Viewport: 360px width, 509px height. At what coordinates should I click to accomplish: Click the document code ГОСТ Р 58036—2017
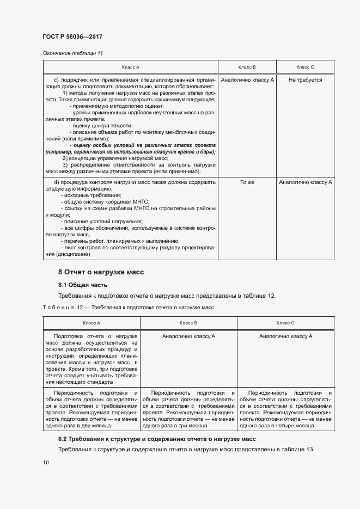click(x=72, y=36)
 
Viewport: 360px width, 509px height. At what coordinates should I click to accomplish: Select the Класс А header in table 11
click(x=130, y=67)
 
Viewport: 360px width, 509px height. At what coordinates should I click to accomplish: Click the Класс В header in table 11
click(x=247, y=67)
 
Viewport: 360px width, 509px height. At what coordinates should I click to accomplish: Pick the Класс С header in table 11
click(x=305, y=67)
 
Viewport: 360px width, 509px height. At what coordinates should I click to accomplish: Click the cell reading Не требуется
click(x=305, y=79)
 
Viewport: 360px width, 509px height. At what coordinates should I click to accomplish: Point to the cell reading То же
click(x=247, y=182)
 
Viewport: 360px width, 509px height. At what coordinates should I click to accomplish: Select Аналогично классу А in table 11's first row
click(x=247, y=79)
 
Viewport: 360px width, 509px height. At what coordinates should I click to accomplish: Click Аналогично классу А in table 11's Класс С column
click(x=305, y=182)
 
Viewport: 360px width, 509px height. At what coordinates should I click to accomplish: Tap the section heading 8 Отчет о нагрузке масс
click(x=101, y=272)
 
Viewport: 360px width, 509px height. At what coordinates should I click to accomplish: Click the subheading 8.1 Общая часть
click(x=83, y=285)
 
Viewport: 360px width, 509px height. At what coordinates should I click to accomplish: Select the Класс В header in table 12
click(x=188, y=323)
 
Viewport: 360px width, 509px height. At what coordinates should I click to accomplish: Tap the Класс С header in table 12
click(x=285, y=323)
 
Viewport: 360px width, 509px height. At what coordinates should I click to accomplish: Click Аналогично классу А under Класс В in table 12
click(x=188, y=336)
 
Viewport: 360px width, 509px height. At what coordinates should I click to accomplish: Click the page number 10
click(x=46, y=462)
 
